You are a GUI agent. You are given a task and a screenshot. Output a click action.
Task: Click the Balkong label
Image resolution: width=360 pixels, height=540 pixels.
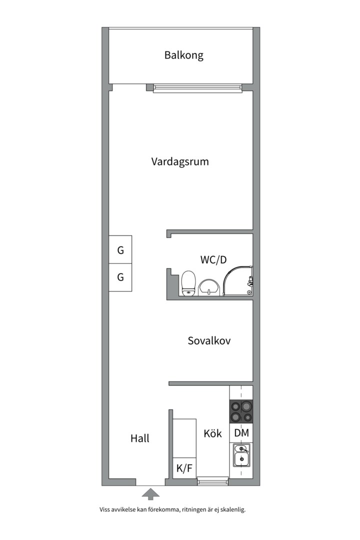(183, 55)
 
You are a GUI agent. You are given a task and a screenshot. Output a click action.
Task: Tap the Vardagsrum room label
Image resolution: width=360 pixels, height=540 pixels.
(180, 162)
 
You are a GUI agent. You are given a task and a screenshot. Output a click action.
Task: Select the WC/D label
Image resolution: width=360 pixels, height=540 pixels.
(213, 260)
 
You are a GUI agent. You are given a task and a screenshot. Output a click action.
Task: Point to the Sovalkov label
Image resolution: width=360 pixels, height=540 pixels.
(209, 341)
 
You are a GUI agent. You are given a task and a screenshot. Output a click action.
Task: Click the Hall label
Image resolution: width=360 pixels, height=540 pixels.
(140, 438)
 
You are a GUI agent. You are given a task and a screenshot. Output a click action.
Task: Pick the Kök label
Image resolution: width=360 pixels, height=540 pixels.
(212, 433)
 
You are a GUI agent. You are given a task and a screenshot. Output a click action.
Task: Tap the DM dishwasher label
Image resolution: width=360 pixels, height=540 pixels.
(241, 433)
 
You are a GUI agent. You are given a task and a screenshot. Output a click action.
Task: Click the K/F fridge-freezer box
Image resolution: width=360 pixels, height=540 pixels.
(184, 468)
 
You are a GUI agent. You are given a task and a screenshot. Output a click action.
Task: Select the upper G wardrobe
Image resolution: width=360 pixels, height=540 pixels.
(120, 251)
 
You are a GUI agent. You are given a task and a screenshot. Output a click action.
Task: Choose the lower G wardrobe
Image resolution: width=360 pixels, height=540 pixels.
(120, 277)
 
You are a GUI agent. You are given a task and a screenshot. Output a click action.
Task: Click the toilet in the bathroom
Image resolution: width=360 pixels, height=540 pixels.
(188, 283)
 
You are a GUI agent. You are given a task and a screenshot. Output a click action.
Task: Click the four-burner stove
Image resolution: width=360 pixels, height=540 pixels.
(241, 411)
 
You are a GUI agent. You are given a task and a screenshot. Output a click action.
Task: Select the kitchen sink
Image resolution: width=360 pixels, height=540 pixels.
(241, 455)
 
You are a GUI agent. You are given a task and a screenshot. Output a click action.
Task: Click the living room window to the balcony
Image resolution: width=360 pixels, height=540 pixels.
(197, 88)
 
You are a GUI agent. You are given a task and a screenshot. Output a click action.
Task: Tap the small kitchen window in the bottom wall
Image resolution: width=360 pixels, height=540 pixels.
(212, 481)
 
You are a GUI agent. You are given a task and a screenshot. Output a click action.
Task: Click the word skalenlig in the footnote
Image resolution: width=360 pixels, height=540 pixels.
(233, 510)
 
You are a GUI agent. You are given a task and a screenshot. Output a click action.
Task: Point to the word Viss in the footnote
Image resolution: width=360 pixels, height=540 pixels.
(104, 510)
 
